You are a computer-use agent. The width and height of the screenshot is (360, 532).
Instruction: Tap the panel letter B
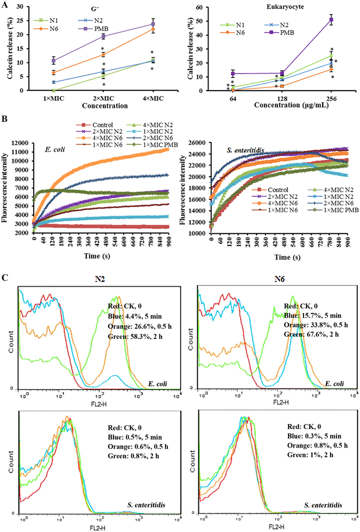point(5,121)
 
